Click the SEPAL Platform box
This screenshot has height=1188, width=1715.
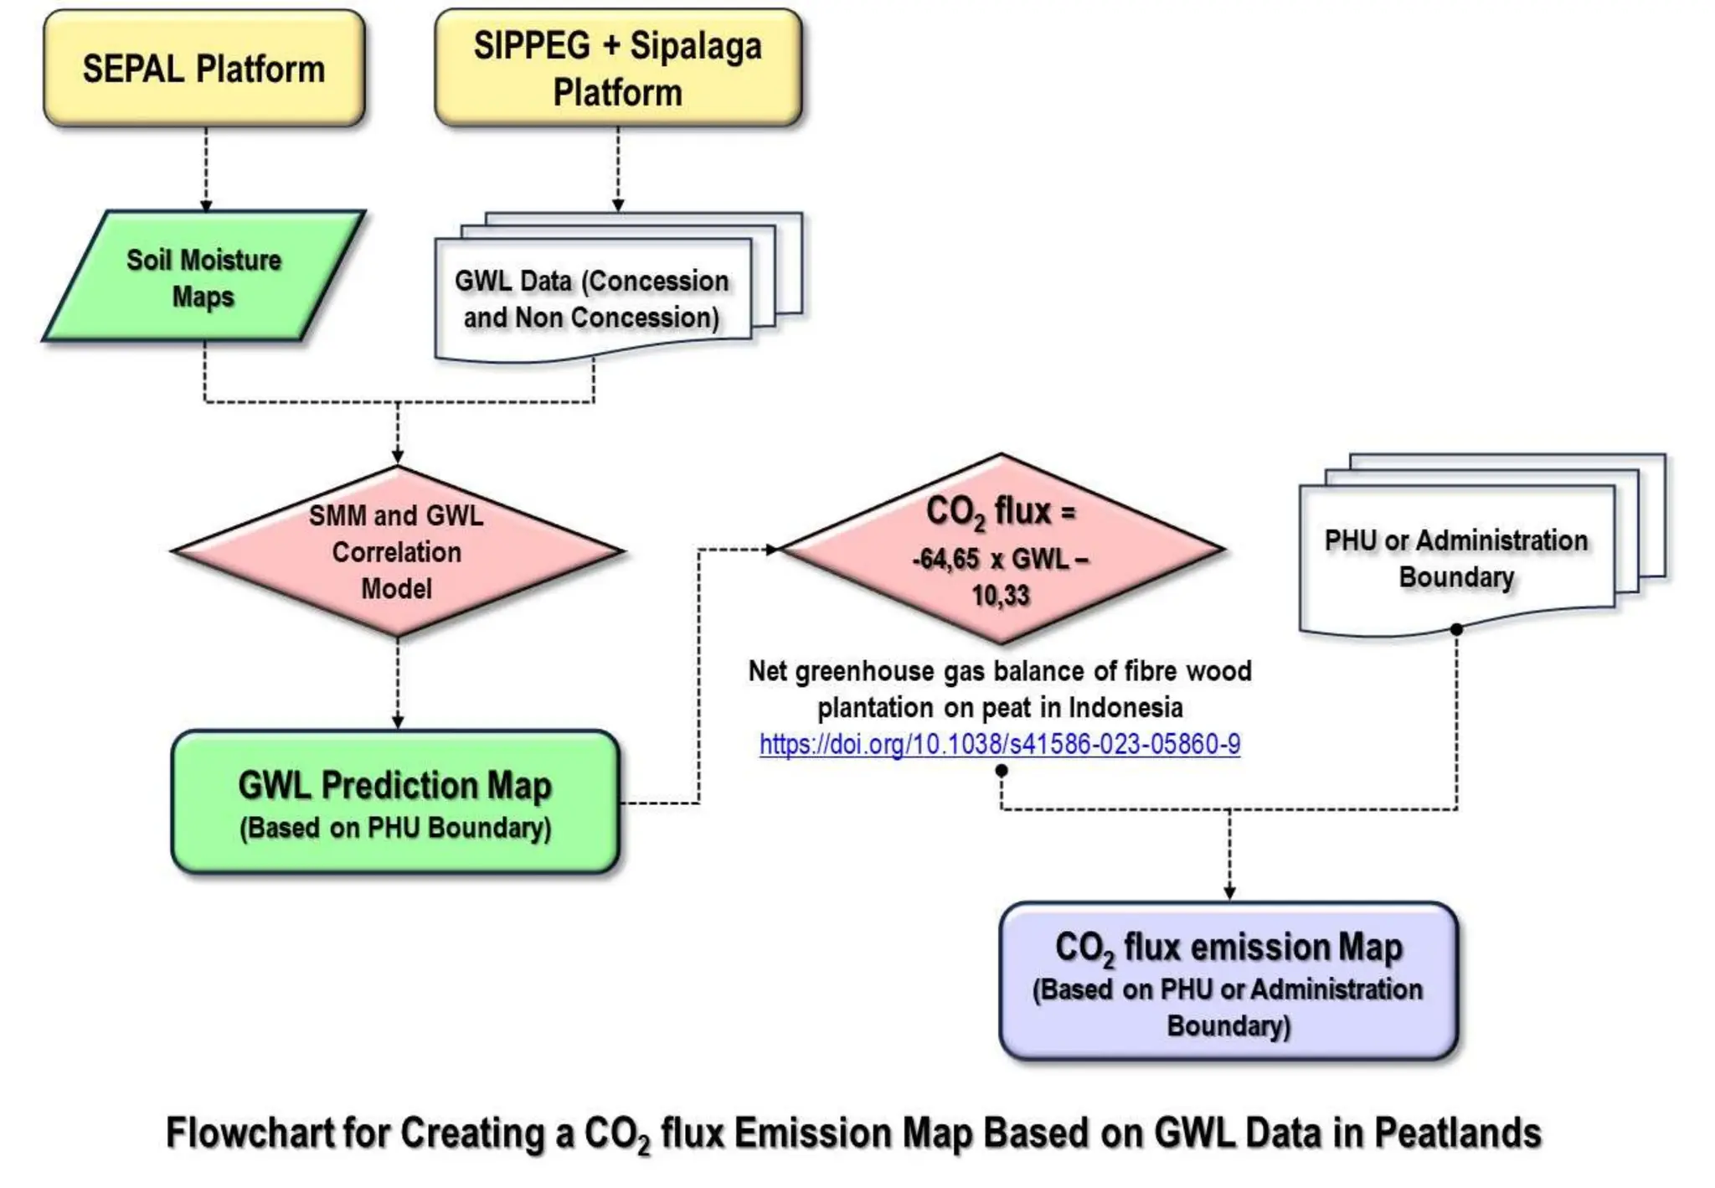coord(203,69)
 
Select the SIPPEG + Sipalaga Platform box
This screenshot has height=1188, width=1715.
coord(618,69)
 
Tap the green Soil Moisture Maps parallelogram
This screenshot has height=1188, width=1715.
coord(203,277)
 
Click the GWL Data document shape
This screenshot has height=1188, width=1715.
coord(592,299)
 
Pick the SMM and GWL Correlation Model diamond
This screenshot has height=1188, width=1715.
coord(397,552)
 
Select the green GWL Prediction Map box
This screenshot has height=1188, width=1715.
coord(395,803)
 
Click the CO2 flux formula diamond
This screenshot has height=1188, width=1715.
coord(1001,550)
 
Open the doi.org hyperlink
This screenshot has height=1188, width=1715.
coord(1000,744)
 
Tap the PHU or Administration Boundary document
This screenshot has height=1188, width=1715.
coord(1456,558)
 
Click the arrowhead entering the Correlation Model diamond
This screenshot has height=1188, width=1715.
coord(398,457)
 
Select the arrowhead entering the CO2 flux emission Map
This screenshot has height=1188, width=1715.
coord(1229,893)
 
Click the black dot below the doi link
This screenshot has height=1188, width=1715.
coord(1002,770)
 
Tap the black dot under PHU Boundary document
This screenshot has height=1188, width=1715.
coord(1456,629)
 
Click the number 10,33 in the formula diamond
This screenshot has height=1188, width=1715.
coord(1001,596)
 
